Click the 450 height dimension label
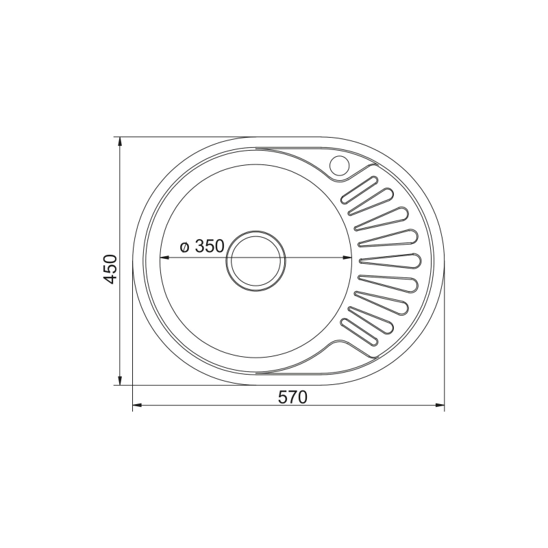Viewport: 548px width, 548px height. (x=111, y=269)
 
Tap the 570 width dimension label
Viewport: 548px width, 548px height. (x=293, y=397)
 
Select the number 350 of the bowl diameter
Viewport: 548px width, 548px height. (x=210, y=246)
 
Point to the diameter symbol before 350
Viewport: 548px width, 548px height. (x=184, y=247)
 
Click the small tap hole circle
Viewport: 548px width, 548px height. (x=340, y=164)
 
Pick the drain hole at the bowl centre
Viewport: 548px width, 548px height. (x=256, y=260)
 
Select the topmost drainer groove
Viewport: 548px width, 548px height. (x=360, y=190)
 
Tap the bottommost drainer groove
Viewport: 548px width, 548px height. (x=360, y=332)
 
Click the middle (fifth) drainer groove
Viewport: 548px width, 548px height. (x=390, y=261)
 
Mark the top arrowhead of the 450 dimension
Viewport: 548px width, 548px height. (x=120, y=142)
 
